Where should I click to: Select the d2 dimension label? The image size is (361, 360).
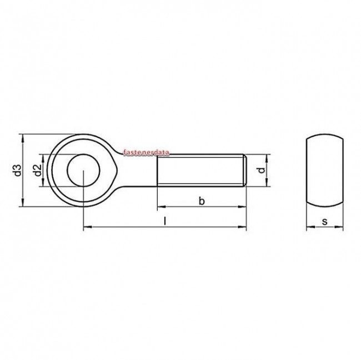pos(37,171)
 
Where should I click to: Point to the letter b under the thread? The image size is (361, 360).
pos(202,201)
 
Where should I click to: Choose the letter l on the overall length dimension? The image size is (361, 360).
pos(164,221)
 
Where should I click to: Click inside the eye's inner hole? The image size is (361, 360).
pos(83,170)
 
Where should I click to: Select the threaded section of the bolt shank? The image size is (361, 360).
pos(200,170)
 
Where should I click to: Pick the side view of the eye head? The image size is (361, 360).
pos(324,170)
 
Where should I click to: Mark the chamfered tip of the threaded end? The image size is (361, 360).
pos(244,170)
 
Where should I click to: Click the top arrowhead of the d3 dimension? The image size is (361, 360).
pos(23,136)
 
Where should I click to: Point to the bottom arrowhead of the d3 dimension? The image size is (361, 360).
pos(23,205)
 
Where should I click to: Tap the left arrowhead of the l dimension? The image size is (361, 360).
pos(87,226)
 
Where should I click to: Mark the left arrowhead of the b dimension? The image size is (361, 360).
pos(161,207)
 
